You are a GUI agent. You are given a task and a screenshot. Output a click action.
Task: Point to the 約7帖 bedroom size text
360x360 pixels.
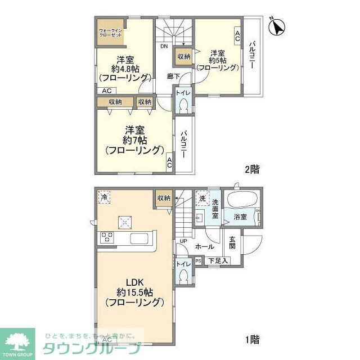pyautogui.click(x=134, y=139)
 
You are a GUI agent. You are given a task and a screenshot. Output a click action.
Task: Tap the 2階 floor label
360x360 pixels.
pyautogui.click(x=252, y=168)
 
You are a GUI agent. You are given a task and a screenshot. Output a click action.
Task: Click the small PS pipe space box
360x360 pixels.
pyautogui.click(x=198, y=260)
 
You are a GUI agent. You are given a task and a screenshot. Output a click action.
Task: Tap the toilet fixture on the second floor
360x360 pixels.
pyautogui.click(x=183, y=103)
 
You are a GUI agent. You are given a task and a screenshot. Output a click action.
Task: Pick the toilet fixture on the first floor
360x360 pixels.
pyautogui.click(x=183, y=274)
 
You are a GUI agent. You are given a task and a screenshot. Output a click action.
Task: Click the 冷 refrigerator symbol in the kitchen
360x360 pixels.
pyautogui.click(x=104, y=197)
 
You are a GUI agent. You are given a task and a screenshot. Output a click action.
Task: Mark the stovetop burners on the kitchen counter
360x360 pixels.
pyautogui.click(x=107, y=238)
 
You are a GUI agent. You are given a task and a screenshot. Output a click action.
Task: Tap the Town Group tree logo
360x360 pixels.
pyautogui.click(x=17, y=339)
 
